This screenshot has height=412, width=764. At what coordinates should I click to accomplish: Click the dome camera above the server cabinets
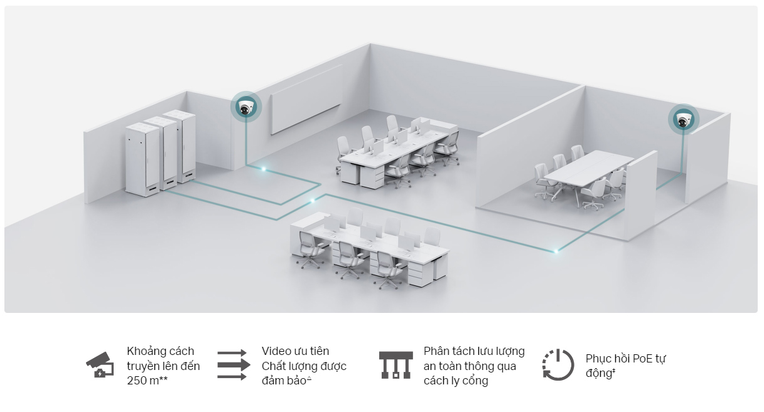245,107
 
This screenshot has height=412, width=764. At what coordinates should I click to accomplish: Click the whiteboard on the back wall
306,99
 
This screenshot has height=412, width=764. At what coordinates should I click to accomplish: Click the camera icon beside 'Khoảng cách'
100,366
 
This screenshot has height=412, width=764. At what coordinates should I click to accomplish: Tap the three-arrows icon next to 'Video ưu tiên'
232,366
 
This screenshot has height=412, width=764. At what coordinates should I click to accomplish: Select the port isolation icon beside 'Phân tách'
395,366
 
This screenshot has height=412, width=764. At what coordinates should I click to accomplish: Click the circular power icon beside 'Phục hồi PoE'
558,365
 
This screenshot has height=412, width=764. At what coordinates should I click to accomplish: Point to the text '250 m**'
148,381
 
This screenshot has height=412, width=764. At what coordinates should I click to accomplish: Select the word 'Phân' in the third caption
437,351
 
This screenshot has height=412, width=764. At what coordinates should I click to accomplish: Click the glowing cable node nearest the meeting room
556,251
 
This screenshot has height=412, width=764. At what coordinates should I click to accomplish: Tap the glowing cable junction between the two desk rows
313,201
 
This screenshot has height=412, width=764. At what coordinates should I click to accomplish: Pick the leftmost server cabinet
140,161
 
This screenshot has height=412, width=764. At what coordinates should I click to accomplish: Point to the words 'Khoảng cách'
161,351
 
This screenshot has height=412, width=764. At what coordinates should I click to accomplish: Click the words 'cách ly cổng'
456,381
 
